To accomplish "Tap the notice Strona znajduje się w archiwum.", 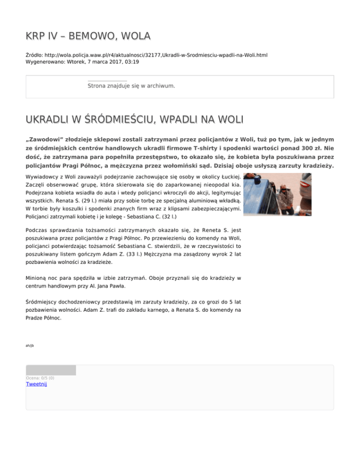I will (x=131, y=86).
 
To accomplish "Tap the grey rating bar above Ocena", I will (x=51, y=370).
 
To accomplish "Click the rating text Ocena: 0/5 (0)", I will (x=40, y=378).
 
